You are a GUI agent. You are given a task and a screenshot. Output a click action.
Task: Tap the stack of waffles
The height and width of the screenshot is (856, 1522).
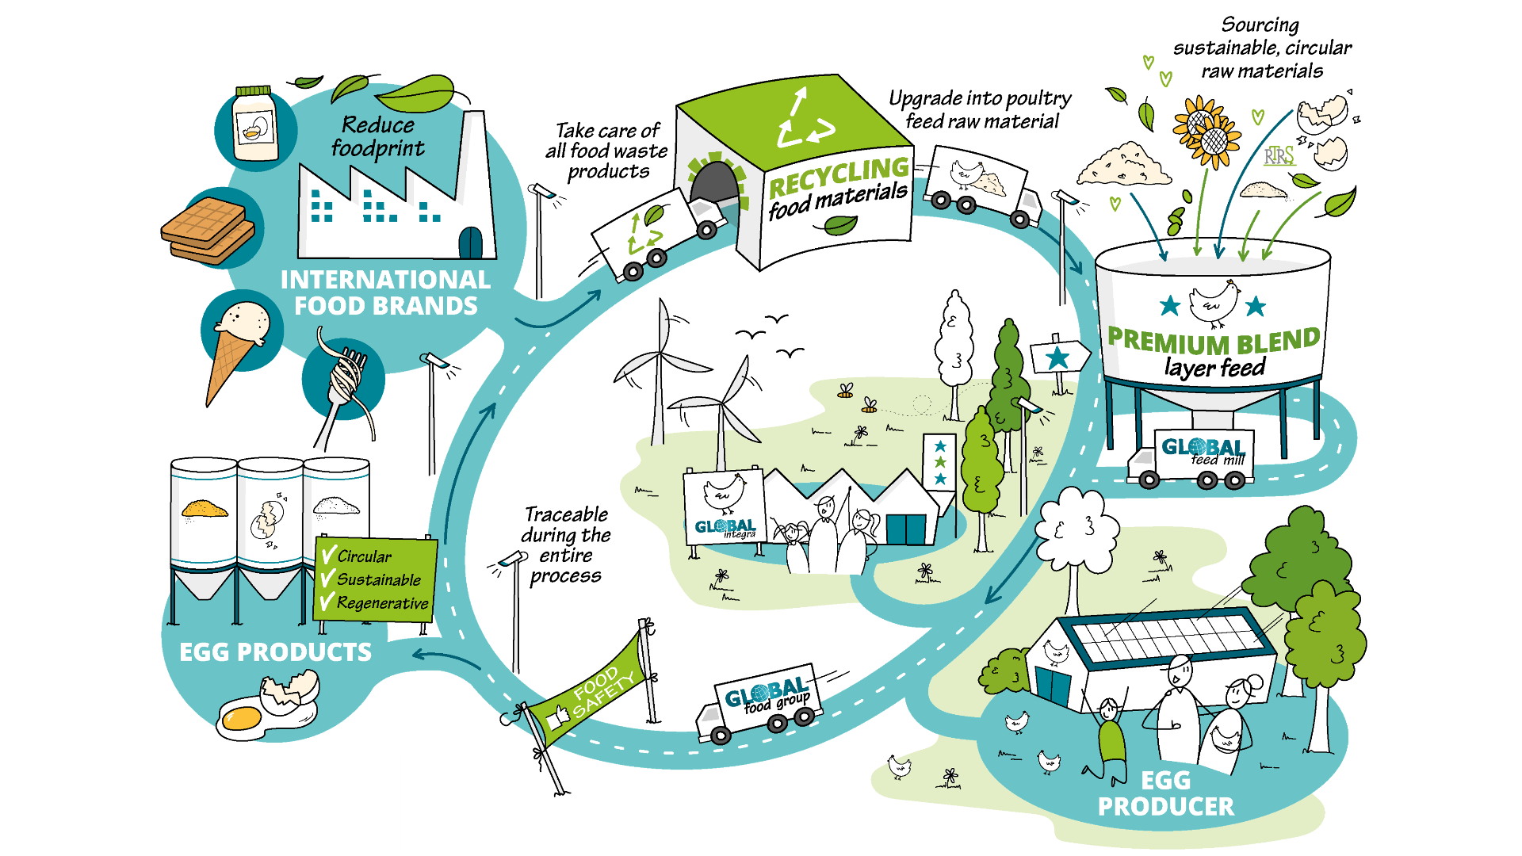[208, 231]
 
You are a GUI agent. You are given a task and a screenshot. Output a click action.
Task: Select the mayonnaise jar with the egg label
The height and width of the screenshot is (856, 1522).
[254, 127]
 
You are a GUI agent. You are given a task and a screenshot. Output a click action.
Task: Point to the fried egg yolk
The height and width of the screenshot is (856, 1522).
[242, 719]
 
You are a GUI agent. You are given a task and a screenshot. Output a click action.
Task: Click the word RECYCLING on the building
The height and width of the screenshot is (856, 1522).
[839, 177]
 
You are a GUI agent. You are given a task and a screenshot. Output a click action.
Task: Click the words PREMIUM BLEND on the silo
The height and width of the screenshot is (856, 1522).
[1213, 342]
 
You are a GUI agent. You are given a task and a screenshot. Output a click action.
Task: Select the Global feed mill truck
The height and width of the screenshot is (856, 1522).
[1193, 459]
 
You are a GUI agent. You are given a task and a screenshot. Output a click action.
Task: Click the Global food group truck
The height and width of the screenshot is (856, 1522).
[759, 705]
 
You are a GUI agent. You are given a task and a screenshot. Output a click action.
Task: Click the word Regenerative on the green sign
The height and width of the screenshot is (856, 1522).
[382, 603]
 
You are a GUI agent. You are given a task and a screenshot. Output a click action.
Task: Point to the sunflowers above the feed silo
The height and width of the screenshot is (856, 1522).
[1205, 131]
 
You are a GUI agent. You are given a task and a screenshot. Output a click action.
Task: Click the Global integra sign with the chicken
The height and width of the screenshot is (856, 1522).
[724, 507]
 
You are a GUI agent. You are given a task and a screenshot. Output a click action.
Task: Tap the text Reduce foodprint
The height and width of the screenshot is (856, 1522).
[377, 136]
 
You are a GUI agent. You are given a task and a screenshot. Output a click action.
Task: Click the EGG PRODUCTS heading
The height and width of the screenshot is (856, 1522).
[275, 652]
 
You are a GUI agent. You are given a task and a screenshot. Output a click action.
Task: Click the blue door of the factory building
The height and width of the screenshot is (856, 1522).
[470, 243]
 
